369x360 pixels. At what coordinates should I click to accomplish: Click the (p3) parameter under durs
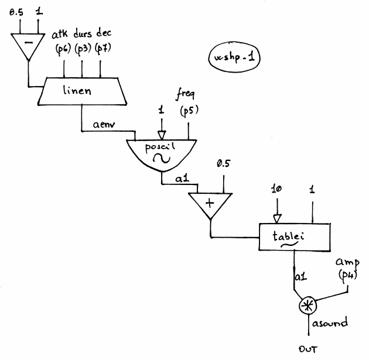click(83, 48)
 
